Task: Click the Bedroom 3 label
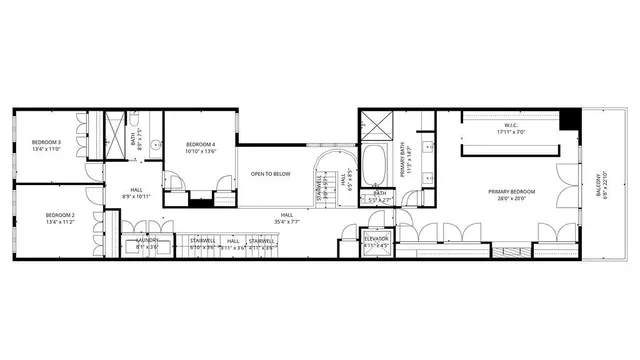click(45, 142)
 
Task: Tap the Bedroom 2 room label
click(60, 215)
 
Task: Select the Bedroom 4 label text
click(201, 146)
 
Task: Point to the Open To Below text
click(270, 174)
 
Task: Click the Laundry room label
click(147, 240)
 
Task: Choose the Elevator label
click(376, 239)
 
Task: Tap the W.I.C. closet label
click(508, 126)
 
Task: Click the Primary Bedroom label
click(511, 191)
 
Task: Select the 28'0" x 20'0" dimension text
click(511, 198)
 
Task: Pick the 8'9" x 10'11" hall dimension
click(135, 196)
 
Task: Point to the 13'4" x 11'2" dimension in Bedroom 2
click(60, 222)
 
